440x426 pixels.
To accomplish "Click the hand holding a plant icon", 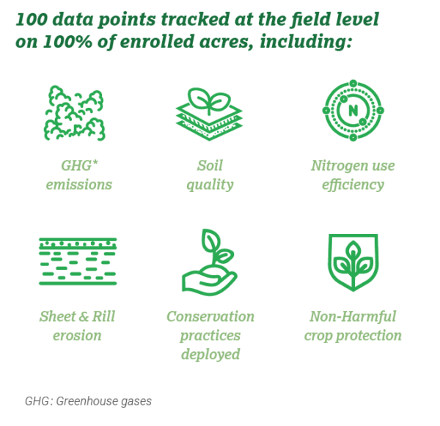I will (208, 261).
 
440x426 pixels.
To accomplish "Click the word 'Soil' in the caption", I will (210, 165).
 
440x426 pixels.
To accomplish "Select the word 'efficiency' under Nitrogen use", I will (353, 184).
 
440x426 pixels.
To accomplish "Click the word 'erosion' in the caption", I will (77, 336).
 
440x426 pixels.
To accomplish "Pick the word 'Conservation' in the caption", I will (210, 317).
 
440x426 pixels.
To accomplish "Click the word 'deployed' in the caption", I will (210, 355).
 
